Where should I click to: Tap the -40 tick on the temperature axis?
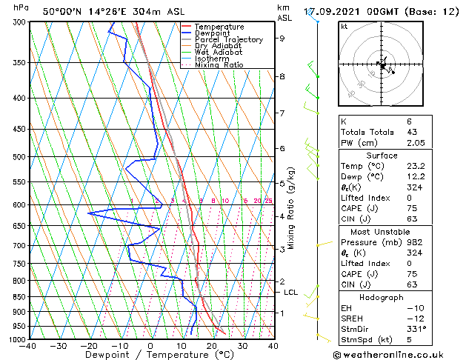coord(29,346)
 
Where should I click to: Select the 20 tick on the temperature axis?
coord(211,346)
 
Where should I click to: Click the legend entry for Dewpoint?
coord(213,33)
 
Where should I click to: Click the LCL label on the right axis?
coord(291,293)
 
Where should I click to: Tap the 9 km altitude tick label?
coord(282,39)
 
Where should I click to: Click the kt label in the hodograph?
coord(344,26)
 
